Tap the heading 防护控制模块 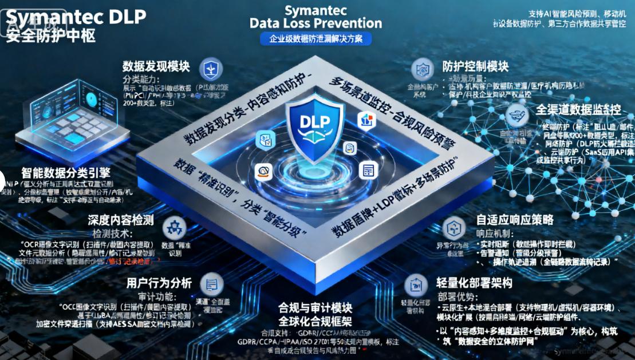click(x=475, y=66)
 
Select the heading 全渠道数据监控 click(x=578, y=109)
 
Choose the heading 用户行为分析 click(x=159, y=282)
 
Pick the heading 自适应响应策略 click(x=515, y=220)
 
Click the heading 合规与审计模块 click(x=317, y=305)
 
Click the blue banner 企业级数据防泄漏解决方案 click(x=316, y=39)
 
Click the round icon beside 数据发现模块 click(x=211, y=68)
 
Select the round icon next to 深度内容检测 click(x=174, y=227)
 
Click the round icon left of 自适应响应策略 click(x=455, y=227)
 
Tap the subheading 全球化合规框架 click(x=317, y=318)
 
